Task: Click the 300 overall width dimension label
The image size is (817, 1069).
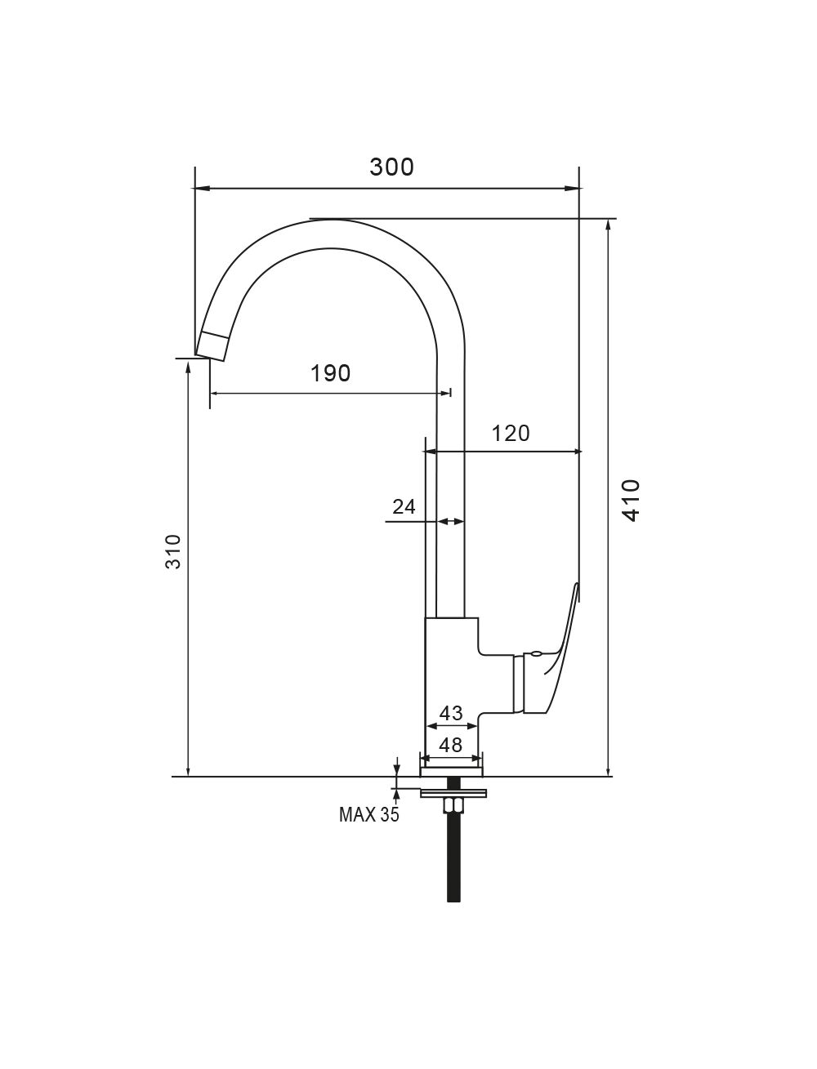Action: click(x=391, y=167)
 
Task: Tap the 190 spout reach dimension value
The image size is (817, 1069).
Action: click(x=330, y=373)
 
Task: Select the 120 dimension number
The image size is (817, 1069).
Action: click(x=510, y=434)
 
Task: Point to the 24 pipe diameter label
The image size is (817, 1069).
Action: click(x=404, y=507)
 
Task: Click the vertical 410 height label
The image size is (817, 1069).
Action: click(x=632, y=501)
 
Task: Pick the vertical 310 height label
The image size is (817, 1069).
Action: click(x=173, y=552)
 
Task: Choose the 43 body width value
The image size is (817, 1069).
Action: click(x=451, y=714)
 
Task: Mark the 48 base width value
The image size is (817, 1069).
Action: click(x=450, y=745)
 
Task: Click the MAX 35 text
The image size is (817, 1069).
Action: click(x=368, y=814)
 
